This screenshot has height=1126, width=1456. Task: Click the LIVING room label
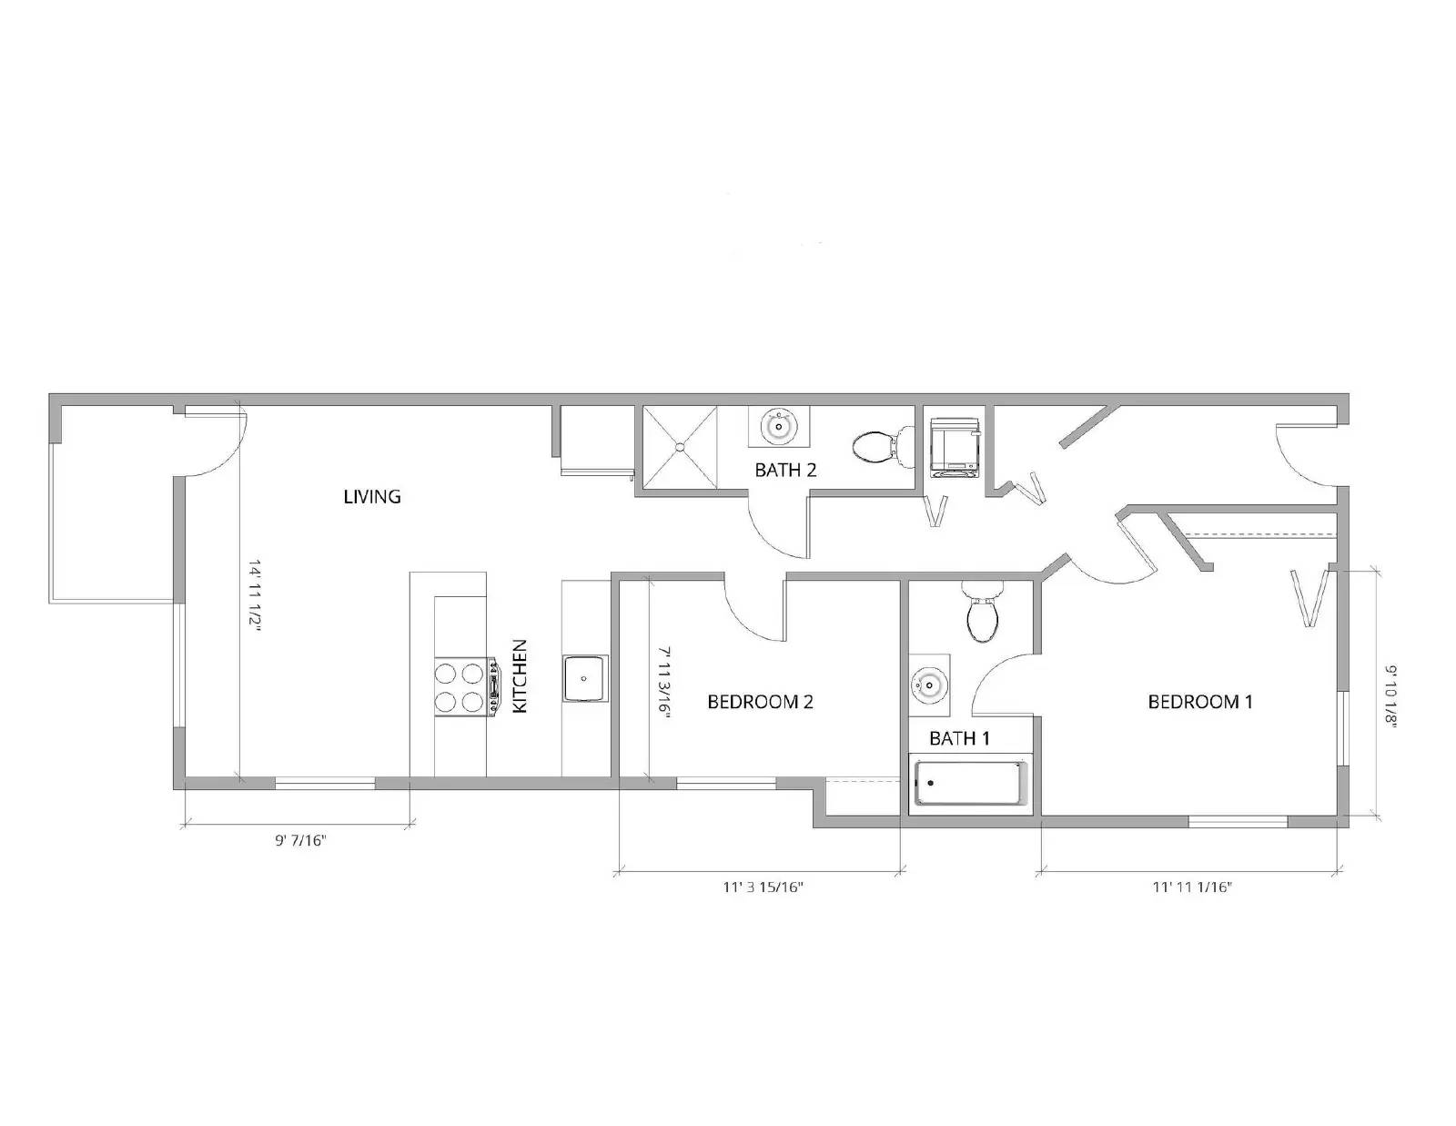[372, 496]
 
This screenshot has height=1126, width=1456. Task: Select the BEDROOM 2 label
[760, 702]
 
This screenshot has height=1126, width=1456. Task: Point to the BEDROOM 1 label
[1200, 702]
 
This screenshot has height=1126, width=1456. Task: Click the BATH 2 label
[785, 471]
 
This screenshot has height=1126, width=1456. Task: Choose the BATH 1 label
[959, 738]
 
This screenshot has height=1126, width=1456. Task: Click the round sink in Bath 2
[778, 425]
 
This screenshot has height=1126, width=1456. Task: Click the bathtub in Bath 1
[970, 784]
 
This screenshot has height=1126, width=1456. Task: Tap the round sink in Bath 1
[929, 682]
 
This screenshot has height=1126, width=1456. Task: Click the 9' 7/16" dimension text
[301, 840]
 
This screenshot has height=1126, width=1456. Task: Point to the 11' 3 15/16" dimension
[763, 887]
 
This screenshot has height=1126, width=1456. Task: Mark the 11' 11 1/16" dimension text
[1192, 887]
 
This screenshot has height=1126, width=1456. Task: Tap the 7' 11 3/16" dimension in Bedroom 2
[664, 683]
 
